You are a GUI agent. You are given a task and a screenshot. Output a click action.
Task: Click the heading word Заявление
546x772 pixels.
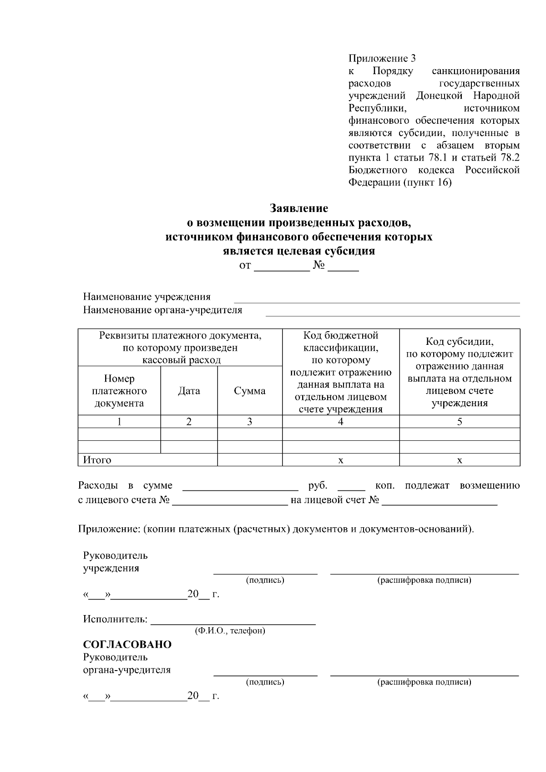pos(299,208)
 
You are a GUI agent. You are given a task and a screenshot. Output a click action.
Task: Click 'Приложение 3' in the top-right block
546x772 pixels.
pos(382,59)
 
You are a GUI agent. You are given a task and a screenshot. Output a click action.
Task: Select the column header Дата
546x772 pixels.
pos(189,391)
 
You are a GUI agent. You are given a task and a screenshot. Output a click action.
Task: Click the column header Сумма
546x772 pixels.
pos(250,391)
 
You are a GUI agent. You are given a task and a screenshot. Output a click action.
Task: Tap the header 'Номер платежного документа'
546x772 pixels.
pos(119,391)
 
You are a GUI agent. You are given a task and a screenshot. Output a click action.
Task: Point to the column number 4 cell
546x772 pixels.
pos(341,422)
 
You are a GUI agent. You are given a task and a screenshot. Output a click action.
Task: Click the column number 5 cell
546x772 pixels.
pos(460,422)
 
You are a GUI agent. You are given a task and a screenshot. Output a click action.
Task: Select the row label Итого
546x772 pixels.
pos(97,460)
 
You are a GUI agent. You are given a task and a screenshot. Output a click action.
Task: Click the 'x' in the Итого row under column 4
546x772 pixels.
pos(341,460)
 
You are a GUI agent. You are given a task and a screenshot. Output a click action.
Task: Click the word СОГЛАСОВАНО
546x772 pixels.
pos(127,645)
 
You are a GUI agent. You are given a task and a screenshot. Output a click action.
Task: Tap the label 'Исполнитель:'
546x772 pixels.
pos(115,619)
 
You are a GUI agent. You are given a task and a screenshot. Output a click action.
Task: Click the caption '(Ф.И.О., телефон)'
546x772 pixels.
pos(230,631)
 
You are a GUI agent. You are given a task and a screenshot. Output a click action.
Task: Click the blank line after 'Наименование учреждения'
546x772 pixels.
pos(377,300)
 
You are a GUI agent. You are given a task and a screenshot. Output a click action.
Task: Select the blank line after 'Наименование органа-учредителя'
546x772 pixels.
pos(392,313)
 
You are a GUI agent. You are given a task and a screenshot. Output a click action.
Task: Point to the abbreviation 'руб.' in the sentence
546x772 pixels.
pos(318,486)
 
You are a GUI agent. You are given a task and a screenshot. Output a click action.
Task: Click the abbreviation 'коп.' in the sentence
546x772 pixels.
pos(385,486)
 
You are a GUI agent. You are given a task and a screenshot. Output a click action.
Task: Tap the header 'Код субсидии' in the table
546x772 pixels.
pos(460,342)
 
